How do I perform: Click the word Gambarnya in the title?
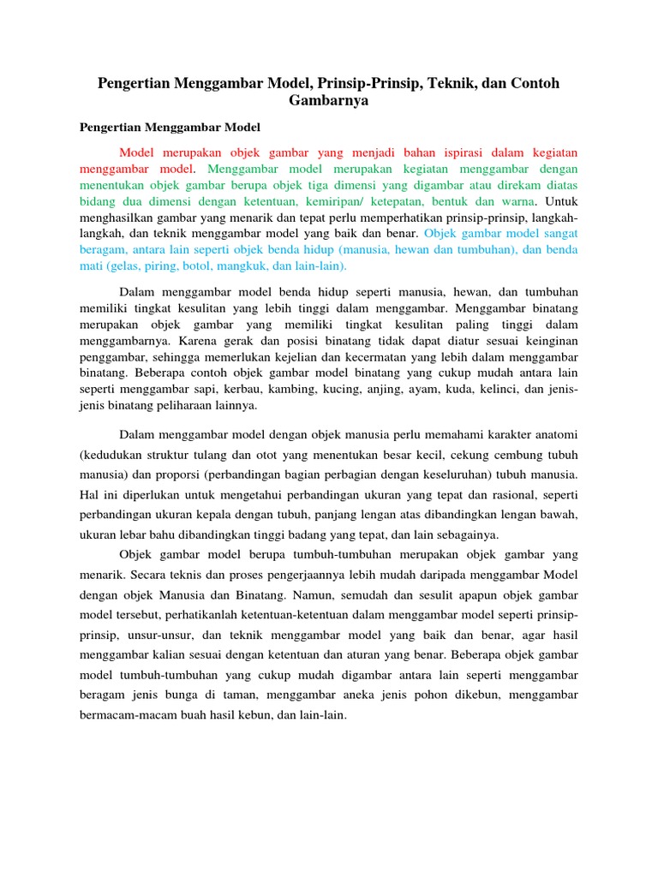pyautogui.click(x=329, y=100)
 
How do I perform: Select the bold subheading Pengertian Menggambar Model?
pyautogui.click(x=170, y=127)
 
